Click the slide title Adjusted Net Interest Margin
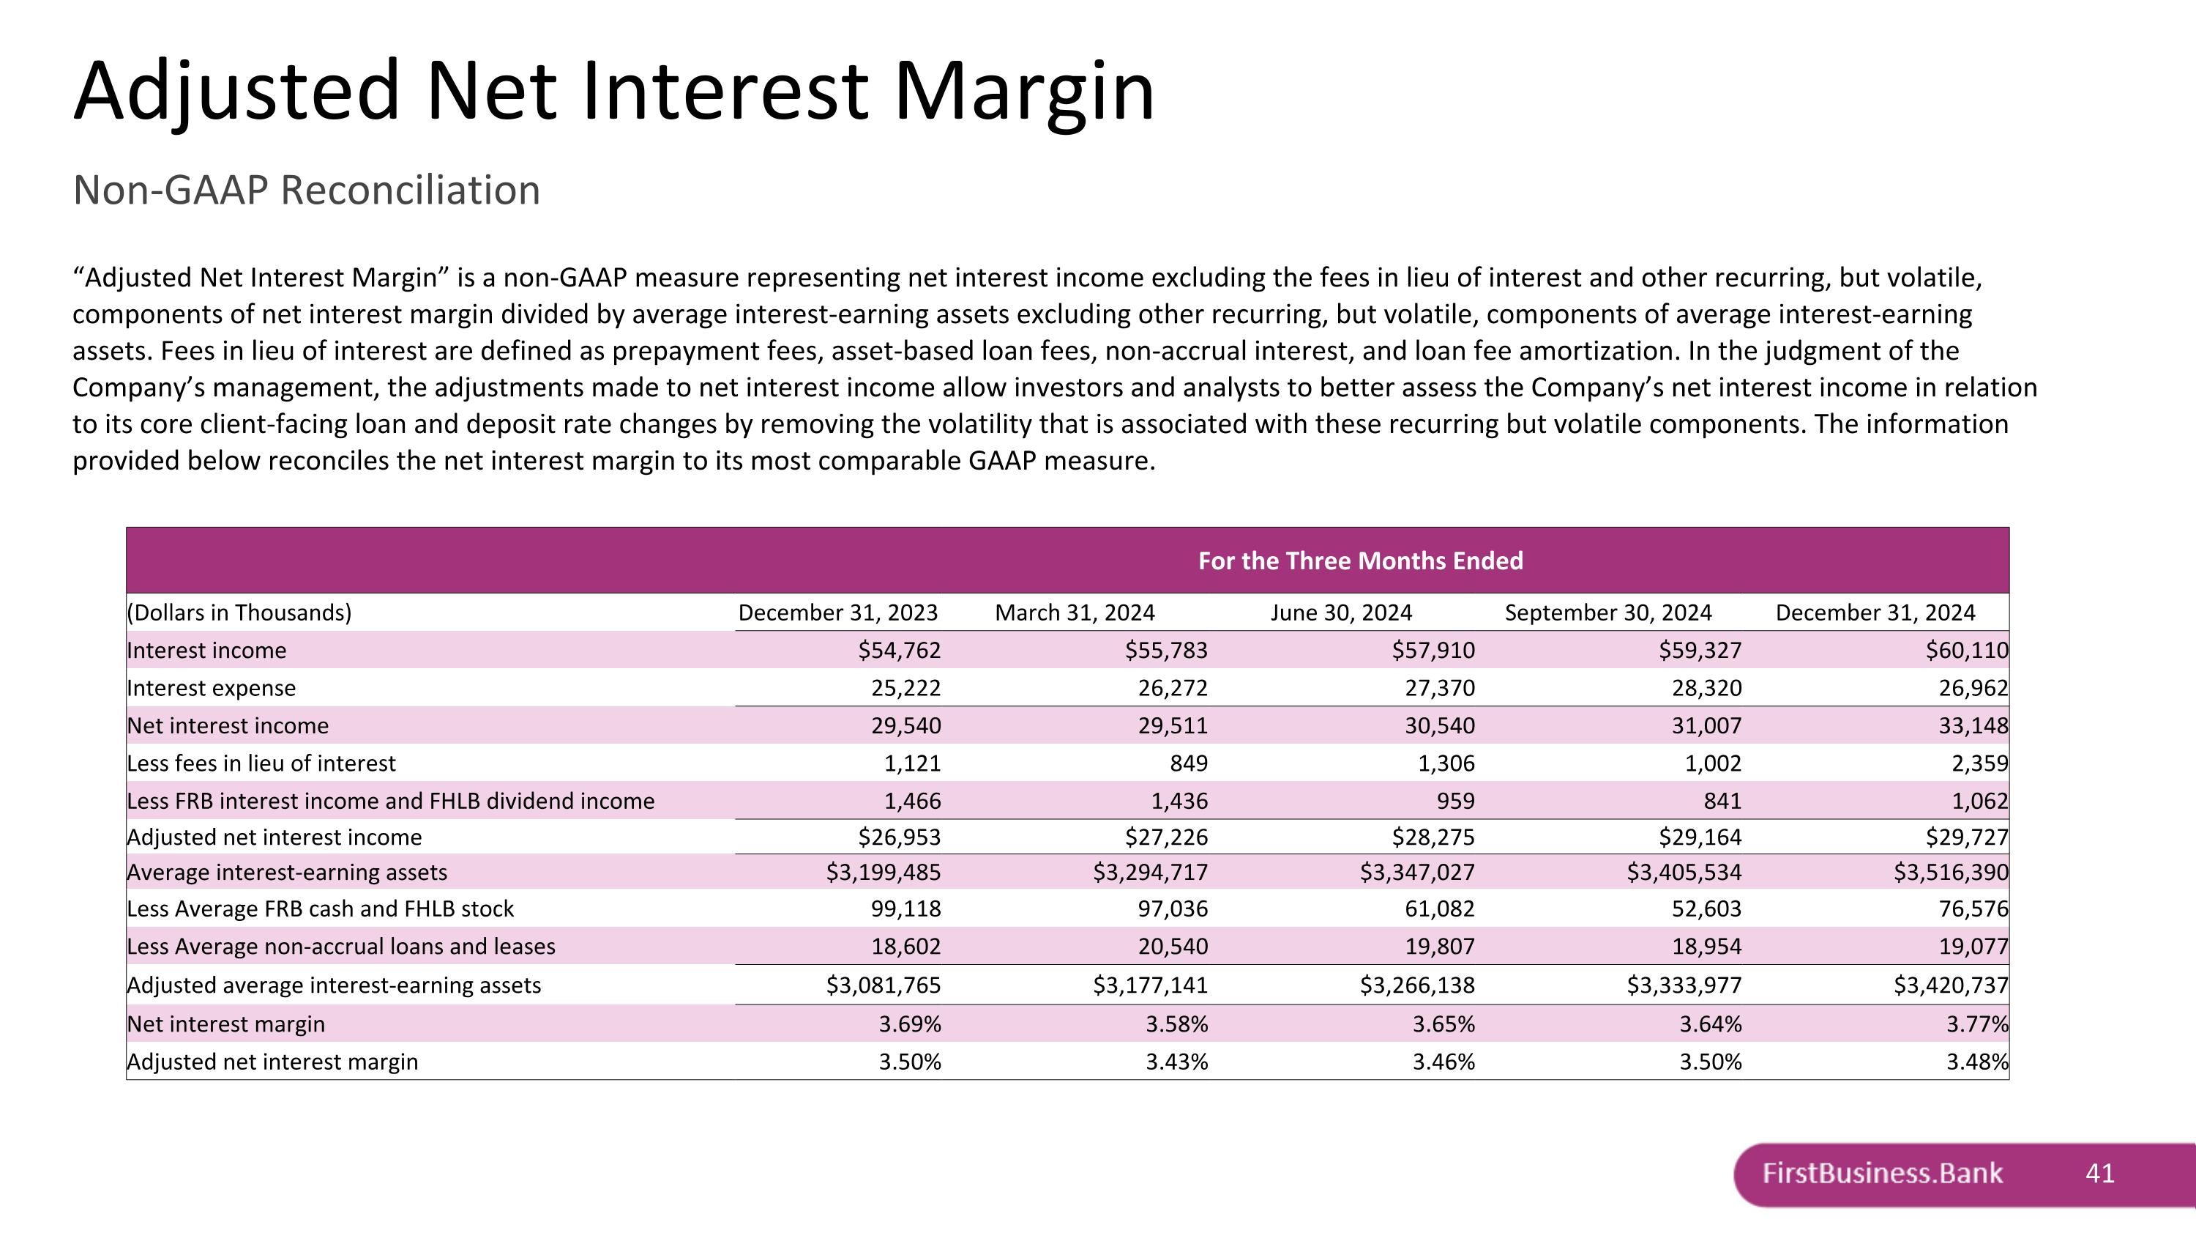tap(614, 92)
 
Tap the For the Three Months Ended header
tap(1360, 560)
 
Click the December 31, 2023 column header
tap(837, 613)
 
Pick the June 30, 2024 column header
tap(1340, 613)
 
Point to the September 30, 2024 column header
tap(1607, 613)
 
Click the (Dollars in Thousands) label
tap(239, 613)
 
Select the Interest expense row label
tap(212, 687)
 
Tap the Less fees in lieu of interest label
tap(261, 763)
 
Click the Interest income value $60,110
tap(1966, 650)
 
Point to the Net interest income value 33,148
tap(1973, 725)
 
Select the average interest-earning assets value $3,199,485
tap(884, 872)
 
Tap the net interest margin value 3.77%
tap(1976, 1024)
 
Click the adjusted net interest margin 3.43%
tap(1176, 1061)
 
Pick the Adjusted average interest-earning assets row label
tap(333, 985)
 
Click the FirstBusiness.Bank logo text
tap(1882, 1173)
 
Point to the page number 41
tap(2099, 1174)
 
